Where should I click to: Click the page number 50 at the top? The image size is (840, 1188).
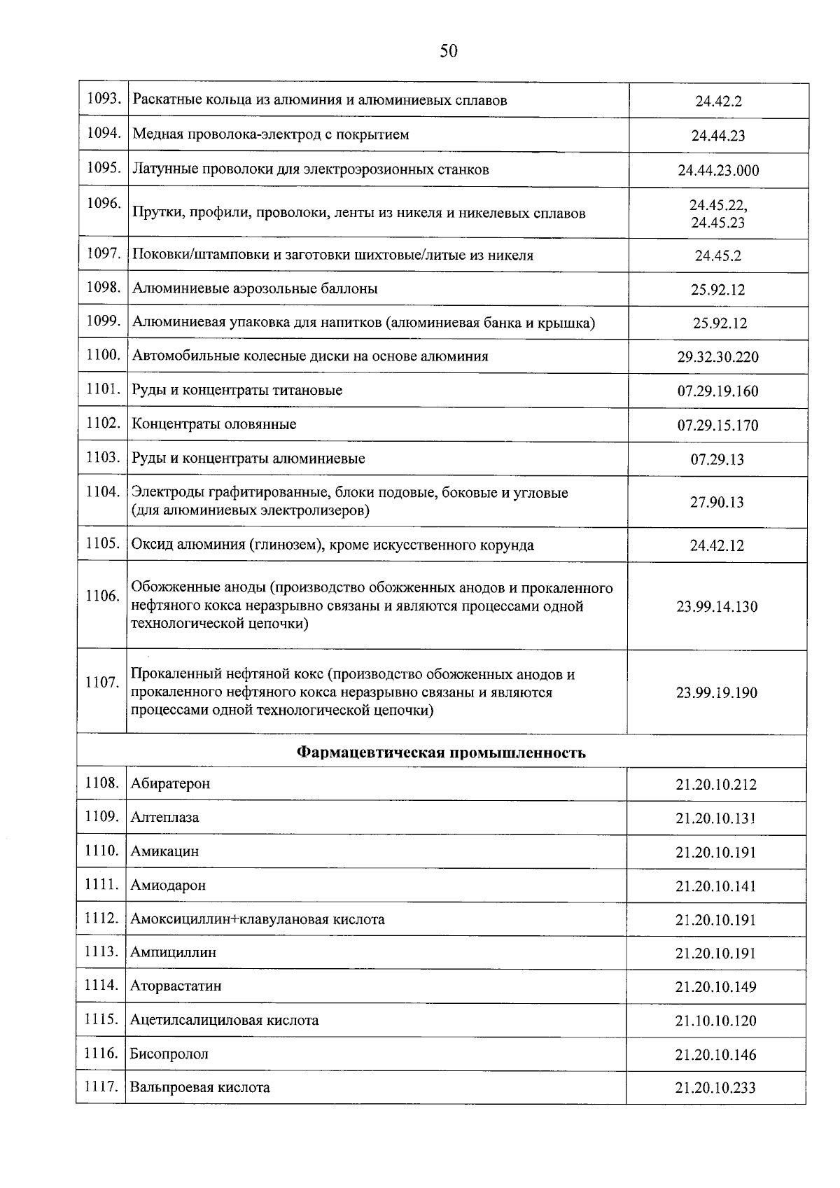point(448,50)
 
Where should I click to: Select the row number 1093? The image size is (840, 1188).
point(104,99)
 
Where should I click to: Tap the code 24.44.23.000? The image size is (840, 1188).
point(717,170)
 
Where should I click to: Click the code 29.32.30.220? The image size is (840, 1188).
point(717,357)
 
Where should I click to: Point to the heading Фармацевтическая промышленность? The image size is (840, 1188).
point(441,753)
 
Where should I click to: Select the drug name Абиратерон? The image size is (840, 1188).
point(170,783)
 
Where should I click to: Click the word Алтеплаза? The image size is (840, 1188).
point(164,817)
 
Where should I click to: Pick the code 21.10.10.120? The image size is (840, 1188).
point(715,1021)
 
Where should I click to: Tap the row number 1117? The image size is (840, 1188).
point(101,1086)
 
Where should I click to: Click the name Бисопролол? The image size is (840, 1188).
point(169,1054)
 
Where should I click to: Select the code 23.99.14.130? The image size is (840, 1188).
point(717,606)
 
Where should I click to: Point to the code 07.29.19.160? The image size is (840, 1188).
point(717,391)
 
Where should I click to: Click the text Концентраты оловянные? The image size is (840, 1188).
point(214,424)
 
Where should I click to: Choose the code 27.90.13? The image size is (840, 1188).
point(717,502)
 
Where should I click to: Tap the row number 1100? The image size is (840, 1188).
point(104,355)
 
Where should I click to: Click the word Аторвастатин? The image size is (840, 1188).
point(176,986)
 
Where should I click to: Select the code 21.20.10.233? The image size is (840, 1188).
point(715,1088)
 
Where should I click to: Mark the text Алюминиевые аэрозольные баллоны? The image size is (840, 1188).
point(255,288)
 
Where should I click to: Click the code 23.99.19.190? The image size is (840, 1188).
point(716,692)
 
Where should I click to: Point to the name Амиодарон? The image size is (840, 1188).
point(168,885)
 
